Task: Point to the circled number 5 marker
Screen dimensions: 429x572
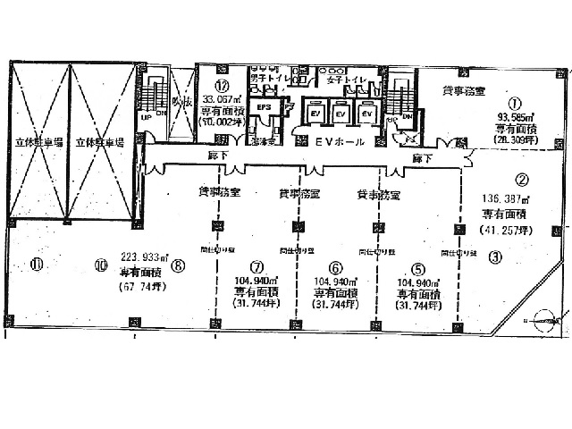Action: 416,266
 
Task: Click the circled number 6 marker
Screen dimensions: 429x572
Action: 336,266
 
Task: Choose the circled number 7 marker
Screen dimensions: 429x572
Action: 257,266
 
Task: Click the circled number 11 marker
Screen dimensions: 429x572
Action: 36,263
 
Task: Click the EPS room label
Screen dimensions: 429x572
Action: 264,107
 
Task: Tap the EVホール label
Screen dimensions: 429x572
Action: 337,141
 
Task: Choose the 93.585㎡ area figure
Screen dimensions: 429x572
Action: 515,115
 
